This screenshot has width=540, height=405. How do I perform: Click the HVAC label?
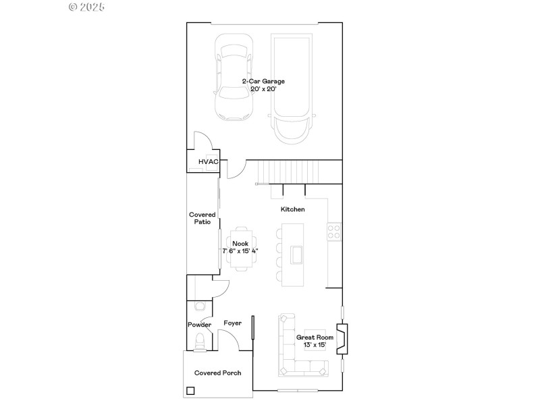tap(208, 162)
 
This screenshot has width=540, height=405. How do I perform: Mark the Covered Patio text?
tap(202, 218)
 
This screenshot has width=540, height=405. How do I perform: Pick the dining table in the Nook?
tap(240, 247)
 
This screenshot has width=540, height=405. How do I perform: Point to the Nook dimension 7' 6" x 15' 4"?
tap(240, 250)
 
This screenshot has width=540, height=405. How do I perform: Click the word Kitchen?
tap(293, 210)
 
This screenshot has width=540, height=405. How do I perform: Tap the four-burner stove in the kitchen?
tap(333, 232)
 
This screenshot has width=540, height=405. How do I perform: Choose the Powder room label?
tap(200, 325)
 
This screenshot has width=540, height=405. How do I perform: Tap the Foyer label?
tap(233, 323)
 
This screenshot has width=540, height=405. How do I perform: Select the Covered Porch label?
tap(218, 373)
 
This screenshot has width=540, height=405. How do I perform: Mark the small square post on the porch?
tap(191, 390)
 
